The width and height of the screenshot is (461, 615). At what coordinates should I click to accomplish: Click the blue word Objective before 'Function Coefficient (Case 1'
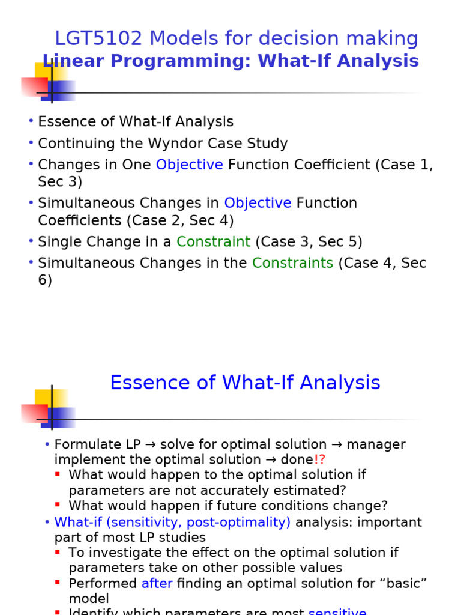pos(189,165)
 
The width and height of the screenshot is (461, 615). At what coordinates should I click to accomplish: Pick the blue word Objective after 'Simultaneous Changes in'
pos(258,203)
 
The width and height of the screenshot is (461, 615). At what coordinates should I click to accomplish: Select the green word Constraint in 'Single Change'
pos(213,241)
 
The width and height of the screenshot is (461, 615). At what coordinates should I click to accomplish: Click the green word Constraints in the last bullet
pos(292,263)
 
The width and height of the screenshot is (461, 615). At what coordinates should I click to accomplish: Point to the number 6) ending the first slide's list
pos(45,280)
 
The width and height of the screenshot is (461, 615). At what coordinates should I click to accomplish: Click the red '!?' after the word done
pos(319,459)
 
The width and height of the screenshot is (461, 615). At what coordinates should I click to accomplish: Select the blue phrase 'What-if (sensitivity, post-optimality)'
pos(172,522)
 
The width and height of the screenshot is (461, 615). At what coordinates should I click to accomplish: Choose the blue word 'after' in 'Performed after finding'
pos(157,583)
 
